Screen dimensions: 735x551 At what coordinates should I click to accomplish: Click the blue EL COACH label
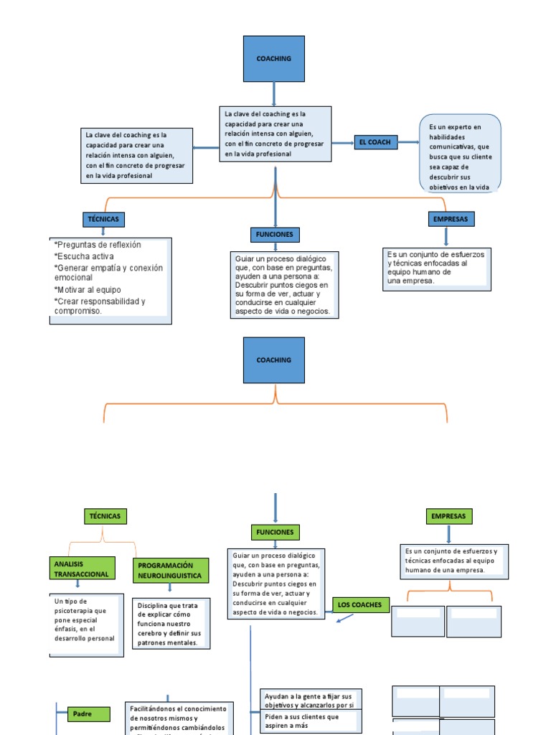[375, 142]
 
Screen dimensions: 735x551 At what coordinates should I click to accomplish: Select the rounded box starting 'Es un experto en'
[460, 154]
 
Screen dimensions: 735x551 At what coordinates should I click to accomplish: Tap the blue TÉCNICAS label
[103, 219]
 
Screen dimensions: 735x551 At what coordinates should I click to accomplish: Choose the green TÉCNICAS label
[105, 516]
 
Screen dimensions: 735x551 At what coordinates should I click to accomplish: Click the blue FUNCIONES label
[274, 235]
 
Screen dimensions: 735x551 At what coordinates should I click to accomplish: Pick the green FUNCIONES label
[274, 532]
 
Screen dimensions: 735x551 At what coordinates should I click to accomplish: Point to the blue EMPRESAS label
[450, 218]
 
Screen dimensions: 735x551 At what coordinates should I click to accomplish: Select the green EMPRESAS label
[448, 516]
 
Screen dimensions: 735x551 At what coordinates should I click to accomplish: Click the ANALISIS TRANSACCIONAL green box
[81, 569]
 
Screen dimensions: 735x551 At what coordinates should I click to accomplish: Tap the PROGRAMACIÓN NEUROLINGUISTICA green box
[171, 571]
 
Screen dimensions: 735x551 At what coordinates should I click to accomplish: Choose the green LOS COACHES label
[361, 605]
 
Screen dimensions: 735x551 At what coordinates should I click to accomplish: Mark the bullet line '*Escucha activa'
[84, 256]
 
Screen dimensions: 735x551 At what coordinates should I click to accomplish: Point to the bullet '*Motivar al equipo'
[88, 290]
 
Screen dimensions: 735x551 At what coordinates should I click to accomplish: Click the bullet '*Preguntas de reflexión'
[98, 245]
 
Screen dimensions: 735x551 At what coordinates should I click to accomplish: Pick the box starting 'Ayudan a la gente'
[311, 701]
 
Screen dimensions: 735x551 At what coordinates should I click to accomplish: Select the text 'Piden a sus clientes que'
[302, 716]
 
